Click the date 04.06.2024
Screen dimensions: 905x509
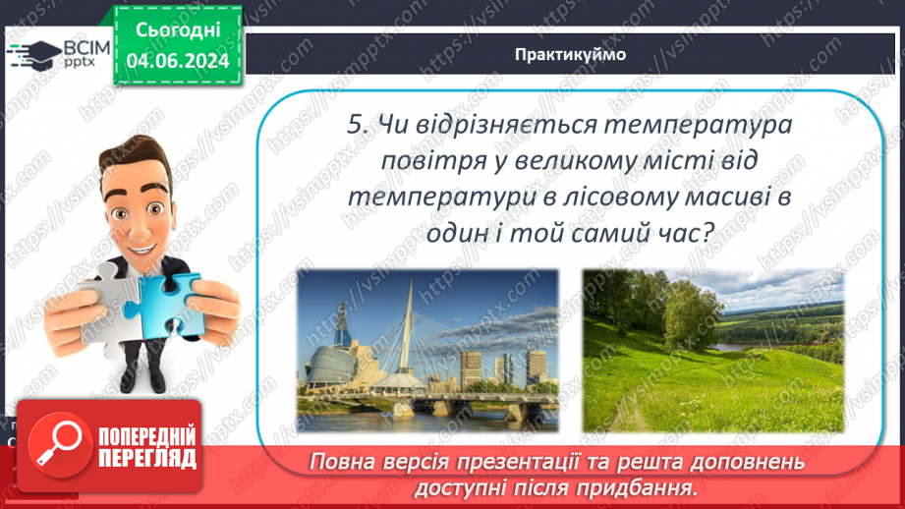[x=178, y=61]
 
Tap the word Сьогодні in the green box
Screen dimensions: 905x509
[x=178, y=30]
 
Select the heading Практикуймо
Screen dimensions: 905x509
[x=570, y=54]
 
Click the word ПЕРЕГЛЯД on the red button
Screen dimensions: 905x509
[x=147, y=459]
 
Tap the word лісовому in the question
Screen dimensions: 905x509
[x=613, y=198]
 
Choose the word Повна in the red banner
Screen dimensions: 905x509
[x=338, y=462]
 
